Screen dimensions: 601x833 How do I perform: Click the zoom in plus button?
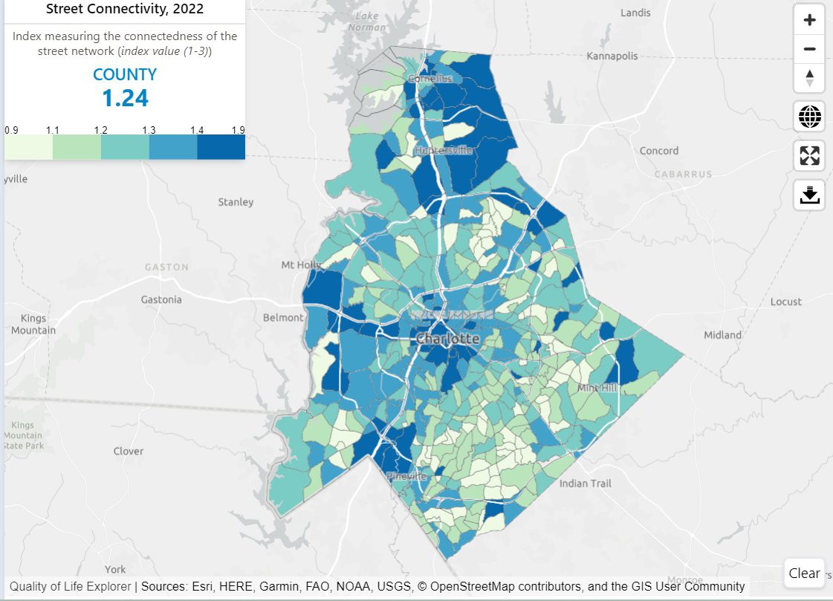(x=809, y=20)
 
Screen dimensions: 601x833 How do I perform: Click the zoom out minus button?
(x=809, y=50)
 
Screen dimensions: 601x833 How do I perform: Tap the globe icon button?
(x=809, y=116)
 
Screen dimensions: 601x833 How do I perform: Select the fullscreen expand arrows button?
(x=809, y=155)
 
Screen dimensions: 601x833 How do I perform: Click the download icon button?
(x=809, y=195)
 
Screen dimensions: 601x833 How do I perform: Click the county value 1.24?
(x=125, y=98)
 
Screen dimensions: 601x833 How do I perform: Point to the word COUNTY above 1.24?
(x=125, y=75)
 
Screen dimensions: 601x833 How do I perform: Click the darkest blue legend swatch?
(x=221, y=147)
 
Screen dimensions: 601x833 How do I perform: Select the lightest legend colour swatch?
(x=28, y=147)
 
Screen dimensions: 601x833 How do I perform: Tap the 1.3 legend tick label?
(x=149, y=130)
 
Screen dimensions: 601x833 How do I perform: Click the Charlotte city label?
(x=447, y=339)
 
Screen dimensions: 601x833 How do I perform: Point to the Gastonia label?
(x=161, y=299)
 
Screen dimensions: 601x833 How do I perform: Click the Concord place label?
(x=659, y=151)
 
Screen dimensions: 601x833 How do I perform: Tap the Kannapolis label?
(x=612, y=56)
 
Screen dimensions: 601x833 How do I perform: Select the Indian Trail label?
(x=585, y=484)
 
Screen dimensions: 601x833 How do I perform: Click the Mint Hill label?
(x=597, y=388)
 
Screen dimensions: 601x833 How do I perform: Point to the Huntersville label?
(x=444, y=150)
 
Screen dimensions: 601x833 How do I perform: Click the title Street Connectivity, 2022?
(x=125, y=10)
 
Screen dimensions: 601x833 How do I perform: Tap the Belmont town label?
(x=283, y=317)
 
